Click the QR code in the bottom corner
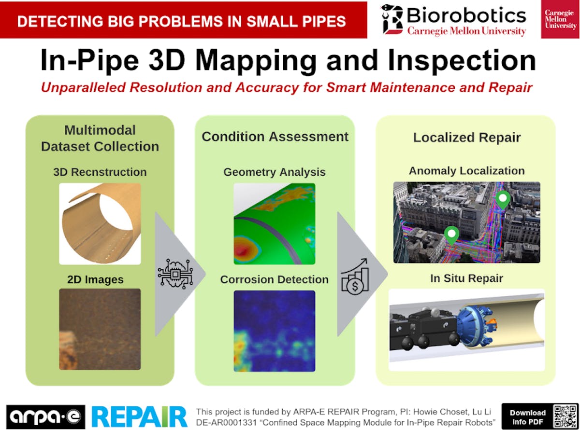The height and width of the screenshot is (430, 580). [x=565, y=416]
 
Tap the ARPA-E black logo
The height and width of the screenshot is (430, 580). [x=46, y=416]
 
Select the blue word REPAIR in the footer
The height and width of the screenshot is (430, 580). [x=139, y=417]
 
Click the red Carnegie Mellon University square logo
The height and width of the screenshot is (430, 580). [x=560, y=19]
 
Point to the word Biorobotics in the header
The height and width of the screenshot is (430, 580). [x=466, y=15]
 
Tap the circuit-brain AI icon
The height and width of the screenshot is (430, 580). [x=175, y=274]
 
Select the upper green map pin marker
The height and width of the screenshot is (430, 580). [x=503, y=199]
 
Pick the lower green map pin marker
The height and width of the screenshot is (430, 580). [x=451, y=235]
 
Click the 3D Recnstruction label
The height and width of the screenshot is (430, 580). [x=100, y=172]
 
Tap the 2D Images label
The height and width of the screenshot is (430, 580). [x=95, y=279]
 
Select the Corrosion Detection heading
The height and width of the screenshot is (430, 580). [x=275, y=279]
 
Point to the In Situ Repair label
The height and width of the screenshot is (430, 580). [x=466, y=278]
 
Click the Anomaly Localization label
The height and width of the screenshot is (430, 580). [x=467, y=171]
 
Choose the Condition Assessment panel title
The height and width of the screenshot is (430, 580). [x=275, y=137]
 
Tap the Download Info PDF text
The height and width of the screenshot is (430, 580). [x=527, y=417]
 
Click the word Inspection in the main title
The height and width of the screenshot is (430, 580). [x=462, y=61]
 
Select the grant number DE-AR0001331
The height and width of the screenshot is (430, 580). [x=227, y=422]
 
